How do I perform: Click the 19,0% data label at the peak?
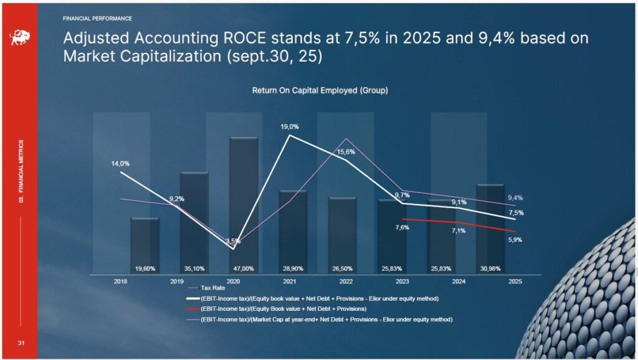(290, 127)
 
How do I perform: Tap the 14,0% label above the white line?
(120, 164)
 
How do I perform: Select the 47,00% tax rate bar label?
(244, 269)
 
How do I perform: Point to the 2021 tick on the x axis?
(289, 282)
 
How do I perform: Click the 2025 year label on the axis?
(515, 282)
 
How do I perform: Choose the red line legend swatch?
(193, 309)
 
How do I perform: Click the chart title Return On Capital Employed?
(320, 90)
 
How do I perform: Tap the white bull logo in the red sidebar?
(20, 37)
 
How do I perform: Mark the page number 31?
(21, 343)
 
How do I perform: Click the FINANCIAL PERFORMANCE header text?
(97, 19)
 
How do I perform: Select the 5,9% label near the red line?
(515, 240)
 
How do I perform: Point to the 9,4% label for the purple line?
(515, 198)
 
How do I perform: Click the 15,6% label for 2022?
(346, 152)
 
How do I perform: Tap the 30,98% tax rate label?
(490, 269)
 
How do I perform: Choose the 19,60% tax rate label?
(145, 269)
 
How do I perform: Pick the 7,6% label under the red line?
(402, 228)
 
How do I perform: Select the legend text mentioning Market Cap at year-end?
(326, 320)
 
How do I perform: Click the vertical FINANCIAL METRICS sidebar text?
(21, 171)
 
